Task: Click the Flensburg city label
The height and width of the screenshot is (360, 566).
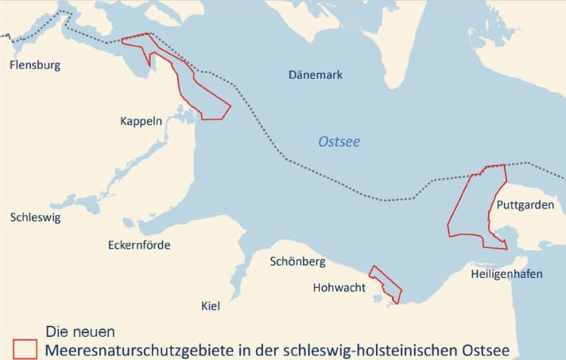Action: click(35, 65)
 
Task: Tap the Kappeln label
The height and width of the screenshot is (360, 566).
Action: click(141, 122)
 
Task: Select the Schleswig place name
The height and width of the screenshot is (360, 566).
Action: click(35, 217)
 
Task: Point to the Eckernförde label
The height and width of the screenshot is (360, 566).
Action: click(139, 245)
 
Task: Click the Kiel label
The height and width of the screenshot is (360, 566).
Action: click(211, 306)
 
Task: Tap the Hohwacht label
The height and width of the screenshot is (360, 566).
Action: click(339, 288)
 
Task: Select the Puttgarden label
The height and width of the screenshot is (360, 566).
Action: click(525, 205)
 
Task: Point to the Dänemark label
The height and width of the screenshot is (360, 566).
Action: click(315, 75)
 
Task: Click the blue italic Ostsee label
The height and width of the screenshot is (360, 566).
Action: click(339, 142)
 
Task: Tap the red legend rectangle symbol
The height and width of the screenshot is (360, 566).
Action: click(25, 349)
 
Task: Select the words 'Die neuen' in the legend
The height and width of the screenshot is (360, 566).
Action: click(80, 331)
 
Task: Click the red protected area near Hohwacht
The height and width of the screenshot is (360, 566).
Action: click(386, 285)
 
